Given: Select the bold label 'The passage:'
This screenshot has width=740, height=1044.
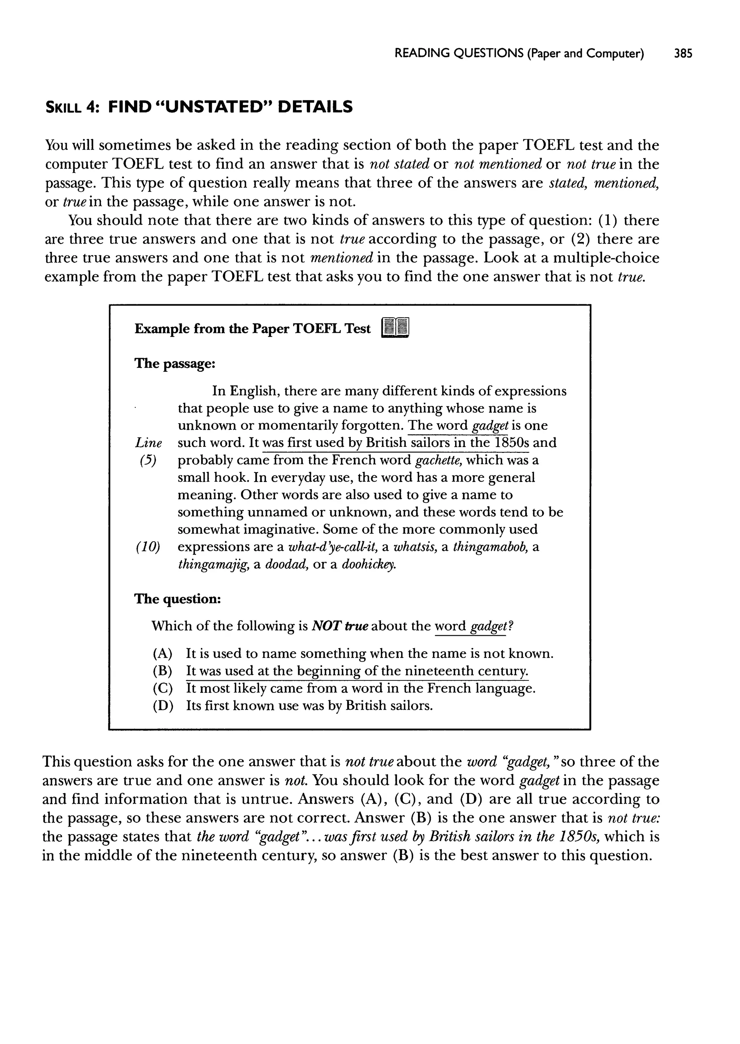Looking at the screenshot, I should coord(175,364).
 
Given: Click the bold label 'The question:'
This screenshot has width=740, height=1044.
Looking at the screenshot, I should coord(178,599).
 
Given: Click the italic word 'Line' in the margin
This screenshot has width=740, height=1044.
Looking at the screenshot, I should coord(149,443).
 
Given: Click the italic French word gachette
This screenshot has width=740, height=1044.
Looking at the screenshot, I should coord(438,460).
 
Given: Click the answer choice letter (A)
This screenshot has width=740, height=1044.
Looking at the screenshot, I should coord(163,654).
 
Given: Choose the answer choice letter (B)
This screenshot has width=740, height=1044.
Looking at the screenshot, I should coord(163,671).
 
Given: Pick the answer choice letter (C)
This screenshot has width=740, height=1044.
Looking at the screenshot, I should coord(163,688).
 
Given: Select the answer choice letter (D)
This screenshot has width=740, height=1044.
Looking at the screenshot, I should coord(163,705).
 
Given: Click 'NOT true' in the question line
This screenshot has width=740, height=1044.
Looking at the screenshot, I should coord(340,626).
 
